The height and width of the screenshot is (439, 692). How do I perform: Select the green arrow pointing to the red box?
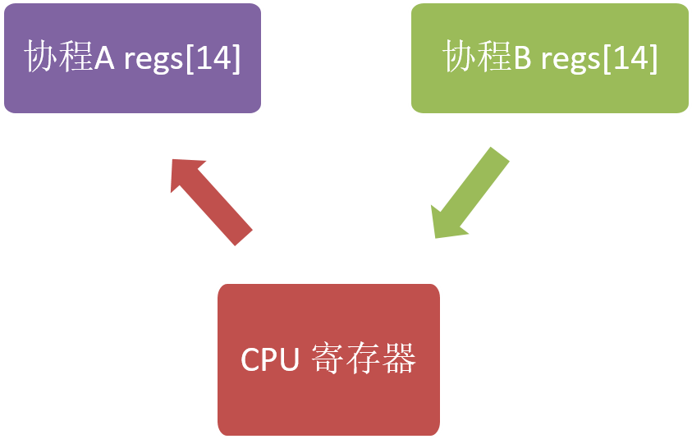tap(470, 194)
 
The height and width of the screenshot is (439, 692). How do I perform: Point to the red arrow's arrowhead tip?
tap(173, 160)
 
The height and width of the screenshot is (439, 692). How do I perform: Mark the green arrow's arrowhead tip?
tap(435, 238)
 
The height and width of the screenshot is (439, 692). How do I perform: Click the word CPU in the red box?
tap(268, 360)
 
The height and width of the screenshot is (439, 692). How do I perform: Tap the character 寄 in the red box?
tap(328, 359)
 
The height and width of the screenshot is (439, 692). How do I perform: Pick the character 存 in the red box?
tap(364, 359)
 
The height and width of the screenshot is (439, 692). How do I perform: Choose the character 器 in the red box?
tap(400, 359)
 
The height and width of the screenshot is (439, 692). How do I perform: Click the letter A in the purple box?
tap(104, 57)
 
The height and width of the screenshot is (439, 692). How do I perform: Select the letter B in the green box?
tap(522, 57)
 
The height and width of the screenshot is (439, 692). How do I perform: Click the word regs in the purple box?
tap(152, 60)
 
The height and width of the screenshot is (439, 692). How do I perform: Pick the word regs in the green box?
tap(569, 60)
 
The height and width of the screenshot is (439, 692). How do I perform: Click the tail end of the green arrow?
tap(499, 155)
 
